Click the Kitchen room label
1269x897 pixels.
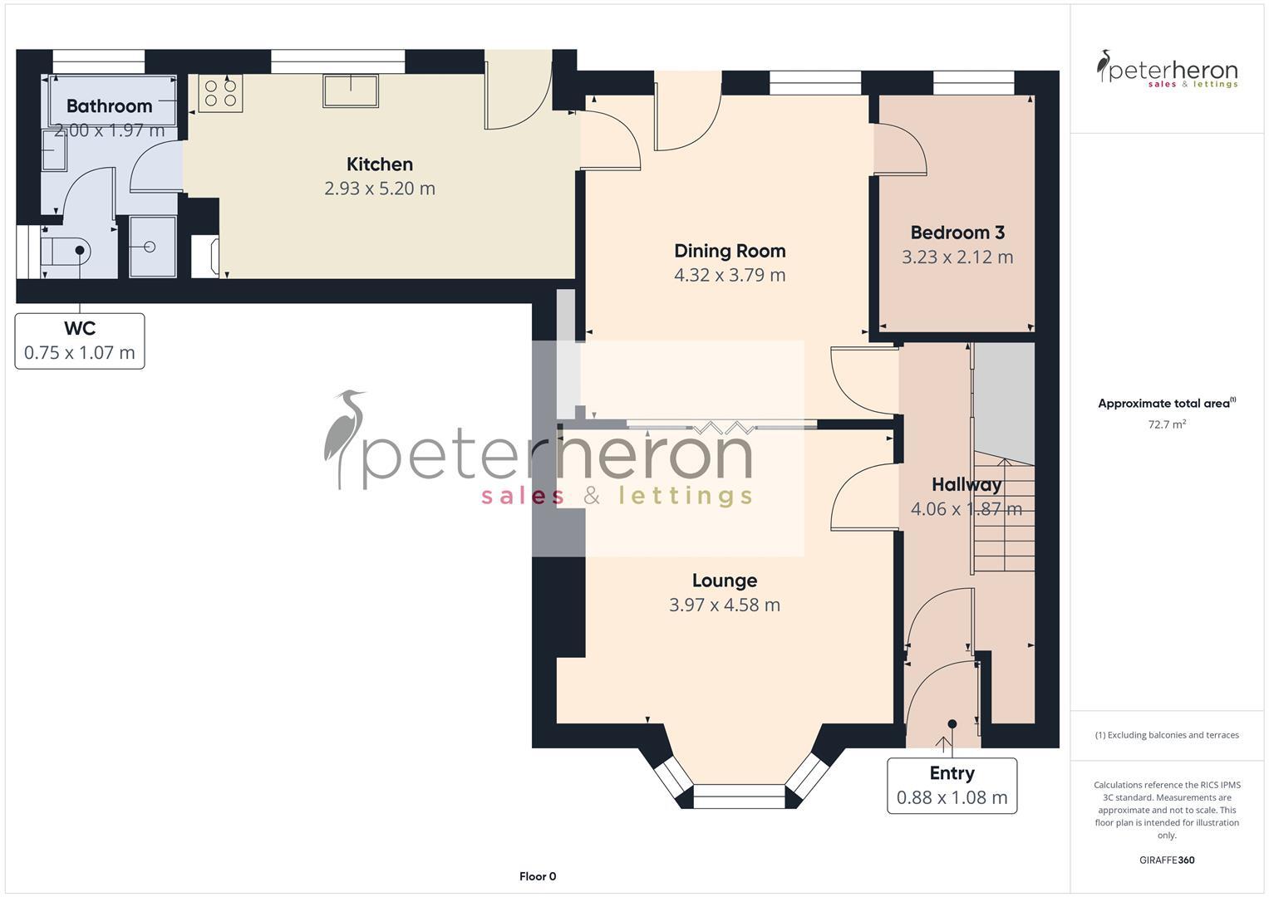tap(380, 164)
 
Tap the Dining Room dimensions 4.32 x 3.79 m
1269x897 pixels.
tap(730, 275)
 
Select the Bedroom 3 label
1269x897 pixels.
tap(957, 233)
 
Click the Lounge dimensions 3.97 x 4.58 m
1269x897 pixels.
tap(725, 605)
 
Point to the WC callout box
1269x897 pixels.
tap(80, 341)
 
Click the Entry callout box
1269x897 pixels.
tap(952, 786)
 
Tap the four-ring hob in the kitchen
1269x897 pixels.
tap(220, 93)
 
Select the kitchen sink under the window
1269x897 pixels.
tap(351, 91)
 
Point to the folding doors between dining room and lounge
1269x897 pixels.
tap(721, 427)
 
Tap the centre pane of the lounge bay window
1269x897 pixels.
tap(738, 797)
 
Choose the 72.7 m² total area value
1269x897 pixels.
tap(1167, 424)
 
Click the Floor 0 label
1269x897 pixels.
tap(538, 876)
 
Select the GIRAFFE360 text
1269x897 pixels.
tap(1167, 860)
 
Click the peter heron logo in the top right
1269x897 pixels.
tap(1167, 70)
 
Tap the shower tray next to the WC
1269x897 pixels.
tap(152, 247)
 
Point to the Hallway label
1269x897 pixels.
tap(966, 484)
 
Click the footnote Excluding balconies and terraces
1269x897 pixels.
tap(1167, 735)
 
